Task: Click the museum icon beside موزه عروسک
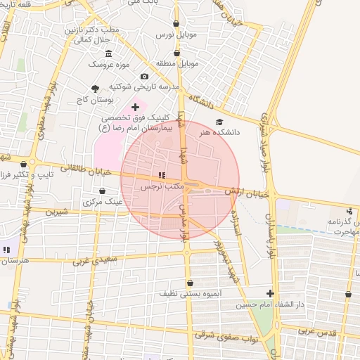pyautogui.click(x=108, y=54)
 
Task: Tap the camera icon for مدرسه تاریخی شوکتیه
pyautogui.click(x=144, y=77)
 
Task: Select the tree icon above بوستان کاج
pyautogui.click(x=95, y=89)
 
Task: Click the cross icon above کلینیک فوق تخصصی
pyautogui.click(x=135, y=107)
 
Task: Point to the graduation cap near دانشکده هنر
pyautogui.click(x=219, y=122)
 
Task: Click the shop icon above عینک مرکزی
pyautogui.click(x=103, y=191)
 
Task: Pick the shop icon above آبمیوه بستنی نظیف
pyautogui.click(x=189, y=283)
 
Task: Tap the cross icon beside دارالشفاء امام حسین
pyautogui.click(x=270, y=293)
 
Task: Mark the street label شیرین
pyautogui.click(x=56, y=211)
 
